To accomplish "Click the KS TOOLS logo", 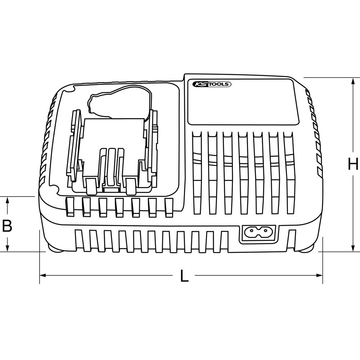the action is (x=212, y=84).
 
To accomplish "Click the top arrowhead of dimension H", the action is (x=353, y=81).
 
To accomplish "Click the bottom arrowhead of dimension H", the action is (x=353, y=248).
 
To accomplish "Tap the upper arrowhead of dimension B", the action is (x=7, y=200).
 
